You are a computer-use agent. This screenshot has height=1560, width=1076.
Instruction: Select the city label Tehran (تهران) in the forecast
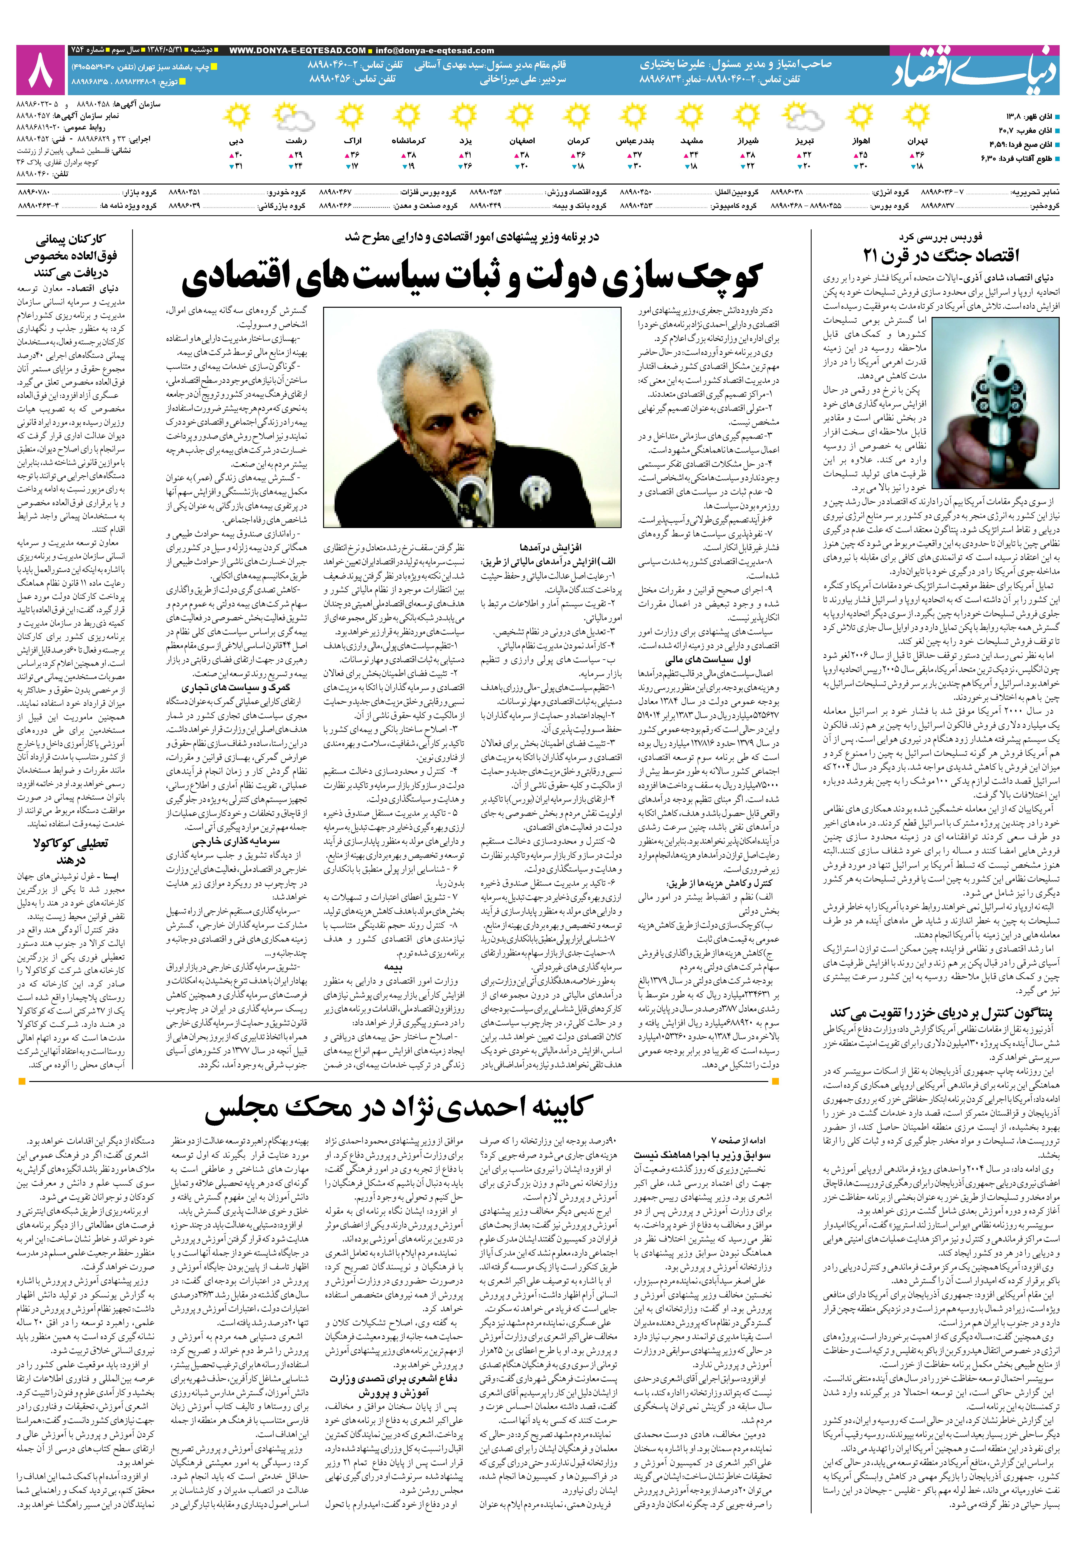point(918,141)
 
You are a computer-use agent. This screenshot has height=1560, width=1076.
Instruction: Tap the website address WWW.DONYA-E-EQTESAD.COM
point(297,51)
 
